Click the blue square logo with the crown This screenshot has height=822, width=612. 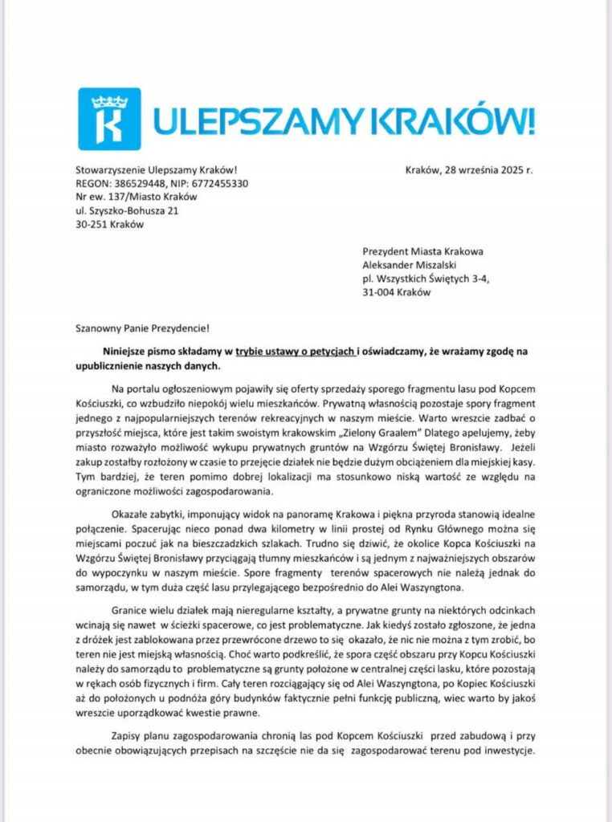[x=109, y=119]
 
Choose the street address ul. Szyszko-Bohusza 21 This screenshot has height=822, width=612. [x=126, y=211]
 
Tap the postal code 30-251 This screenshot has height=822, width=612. [x=92, y=225]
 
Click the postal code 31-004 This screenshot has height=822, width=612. [x=380, y=293]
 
